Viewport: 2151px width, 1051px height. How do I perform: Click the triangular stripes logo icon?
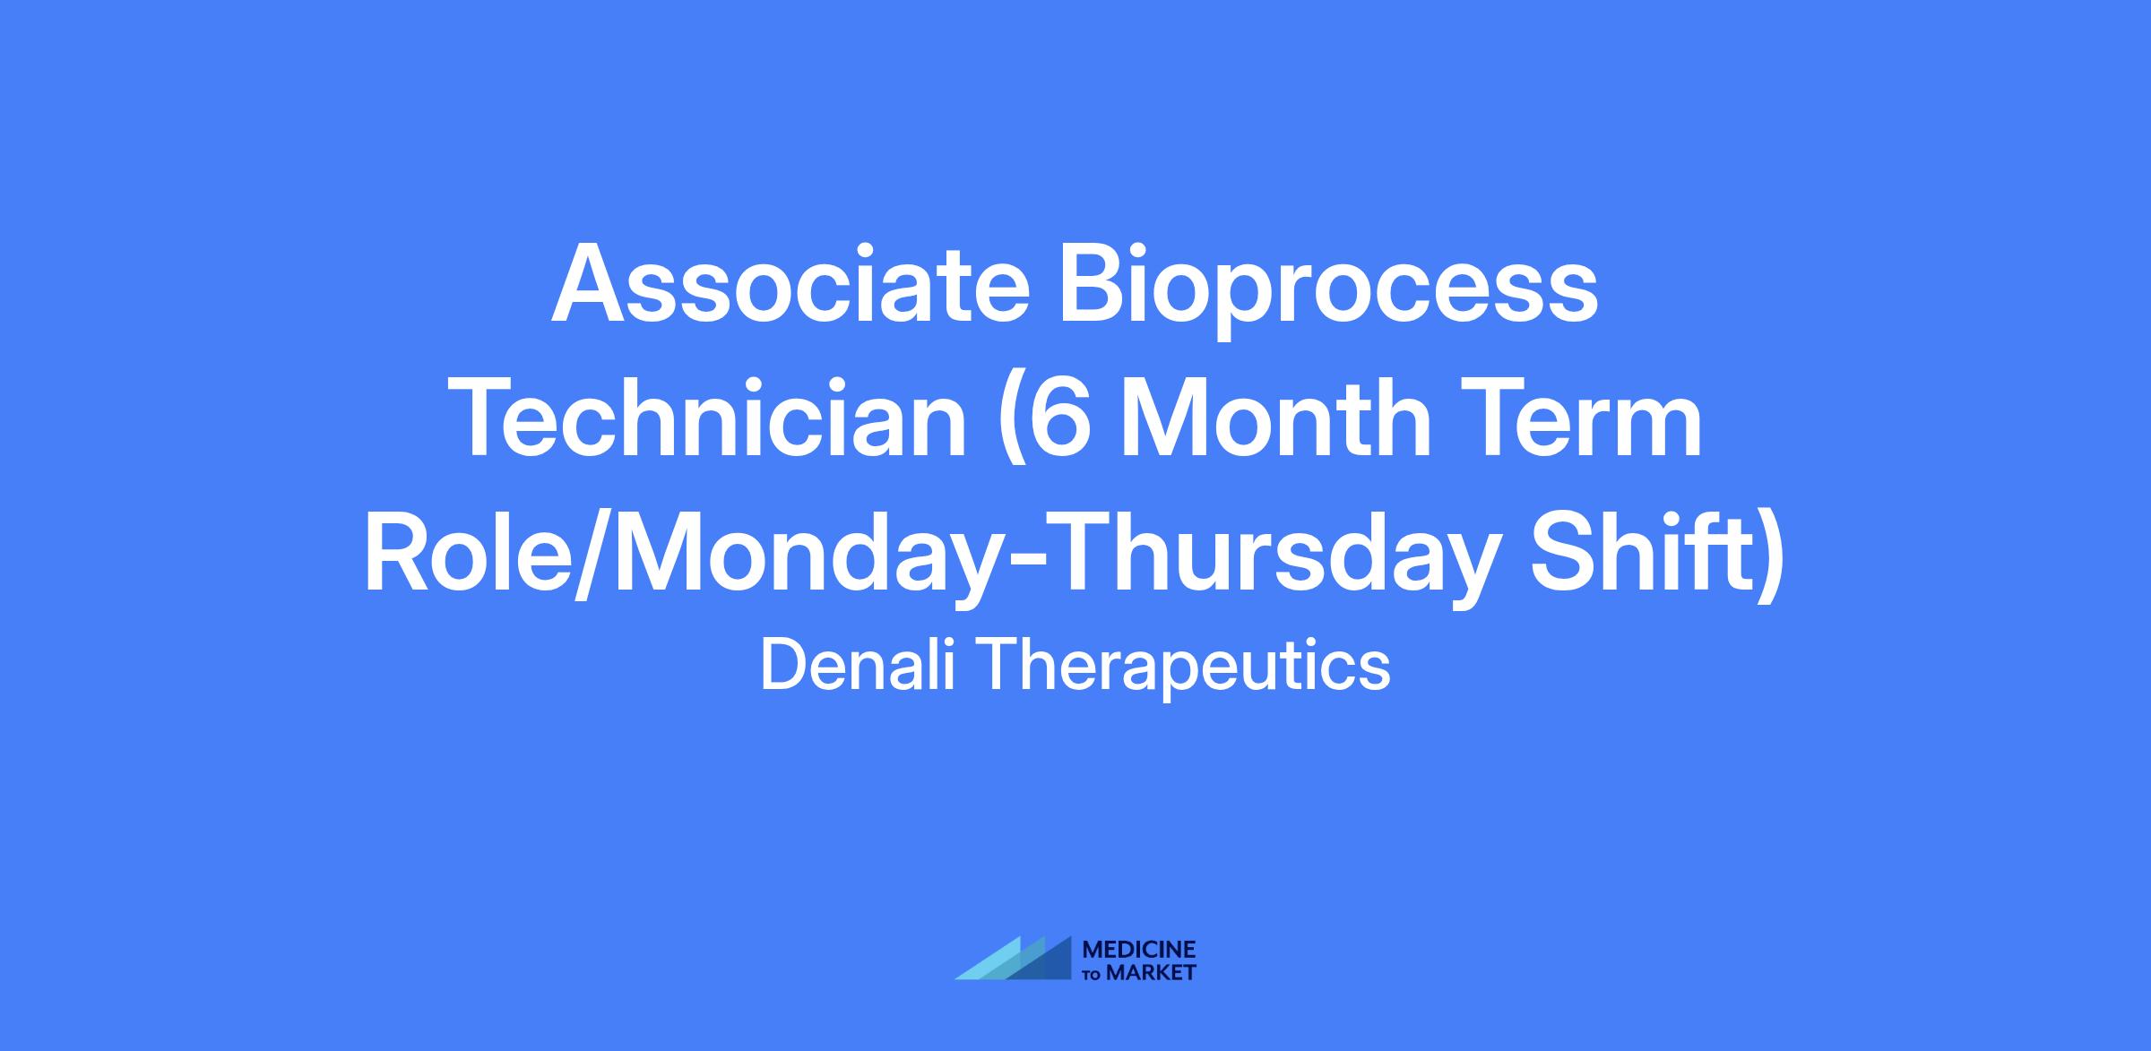(1014, 958)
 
